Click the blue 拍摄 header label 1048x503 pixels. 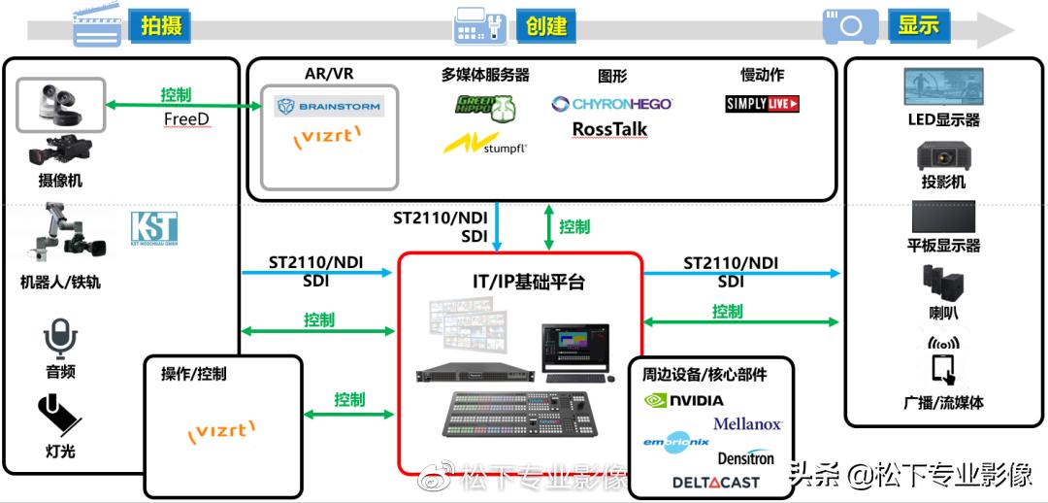160,25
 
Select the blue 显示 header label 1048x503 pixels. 918,25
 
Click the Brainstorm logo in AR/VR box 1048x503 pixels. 329,106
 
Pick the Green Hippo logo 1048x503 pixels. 485,106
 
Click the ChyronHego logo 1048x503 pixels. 611,104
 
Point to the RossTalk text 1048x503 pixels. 609,129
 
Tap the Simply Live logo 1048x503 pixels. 763,104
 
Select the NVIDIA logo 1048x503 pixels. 684,400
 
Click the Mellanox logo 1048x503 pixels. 747,424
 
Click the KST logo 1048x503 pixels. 154,229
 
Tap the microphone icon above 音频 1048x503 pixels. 59,340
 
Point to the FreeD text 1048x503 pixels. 186,119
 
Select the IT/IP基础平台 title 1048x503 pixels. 521,283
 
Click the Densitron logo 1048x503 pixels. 745,456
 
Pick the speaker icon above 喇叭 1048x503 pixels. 942,283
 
